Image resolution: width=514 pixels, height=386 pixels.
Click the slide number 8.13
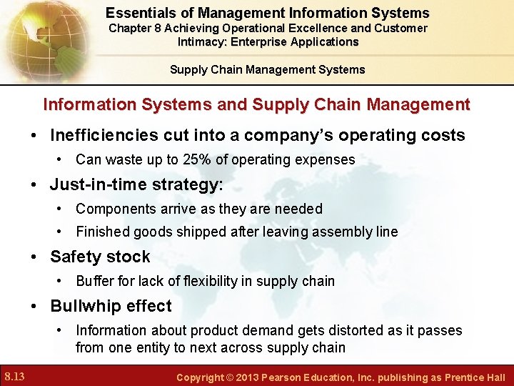[16, 376]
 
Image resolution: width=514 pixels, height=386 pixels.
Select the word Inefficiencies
[104, 135]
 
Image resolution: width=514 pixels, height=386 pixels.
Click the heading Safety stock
[100, 257]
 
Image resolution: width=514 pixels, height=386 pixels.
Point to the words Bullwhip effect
[111, 306]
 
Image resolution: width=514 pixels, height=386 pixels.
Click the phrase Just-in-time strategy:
[136, 184]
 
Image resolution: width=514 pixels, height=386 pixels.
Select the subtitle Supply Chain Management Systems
[267, 69]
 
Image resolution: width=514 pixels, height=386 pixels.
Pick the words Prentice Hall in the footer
[475, 377]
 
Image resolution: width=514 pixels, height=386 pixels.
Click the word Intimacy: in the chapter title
[203, 41]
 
